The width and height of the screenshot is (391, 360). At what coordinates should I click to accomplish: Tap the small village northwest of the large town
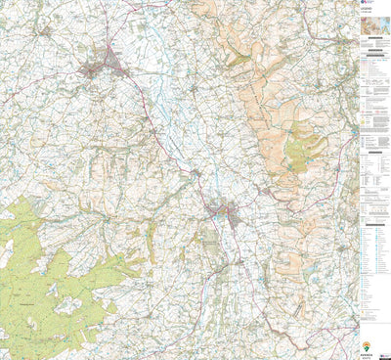coord(45,30)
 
